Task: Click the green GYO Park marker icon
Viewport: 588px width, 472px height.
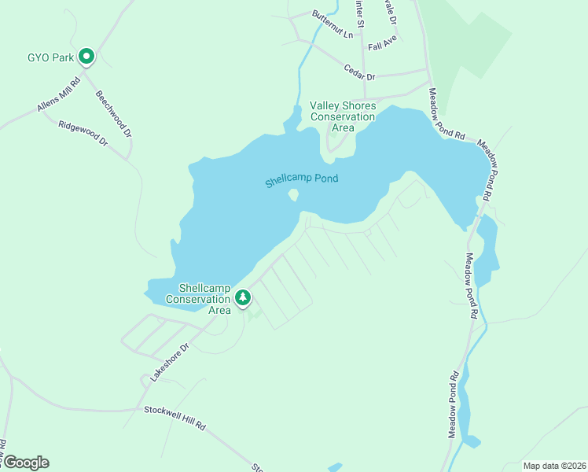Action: (87, 57)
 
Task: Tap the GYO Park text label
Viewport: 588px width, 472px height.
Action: (50, 57)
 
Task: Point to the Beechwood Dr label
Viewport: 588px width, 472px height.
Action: (114, 114)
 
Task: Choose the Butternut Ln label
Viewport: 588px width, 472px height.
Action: (333, 25)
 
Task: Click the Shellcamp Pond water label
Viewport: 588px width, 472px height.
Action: (301, 179)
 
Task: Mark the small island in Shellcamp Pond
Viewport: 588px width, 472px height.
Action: (293, 194)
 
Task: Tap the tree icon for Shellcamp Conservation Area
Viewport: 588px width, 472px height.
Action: (244, 297)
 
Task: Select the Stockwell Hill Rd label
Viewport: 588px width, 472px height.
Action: (175, 418)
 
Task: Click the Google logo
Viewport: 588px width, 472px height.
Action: (25, 462)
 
